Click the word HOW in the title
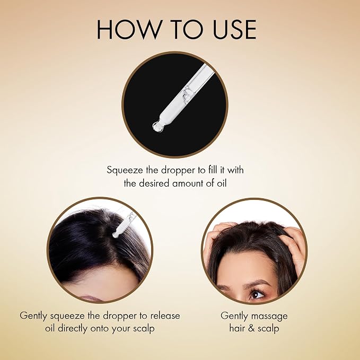(x=128, y=29)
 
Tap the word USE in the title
(x=234, y=29)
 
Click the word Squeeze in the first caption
(x=125, y=171)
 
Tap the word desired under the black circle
(x=154, y=183)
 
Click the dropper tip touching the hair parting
(x=115, y=235)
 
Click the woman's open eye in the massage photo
(x=256, y=294)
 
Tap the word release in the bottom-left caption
(x=165, y=316)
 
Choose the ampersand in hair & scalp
(x=251, y=328)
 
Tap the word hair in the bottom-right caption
(x=237, y=328)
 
